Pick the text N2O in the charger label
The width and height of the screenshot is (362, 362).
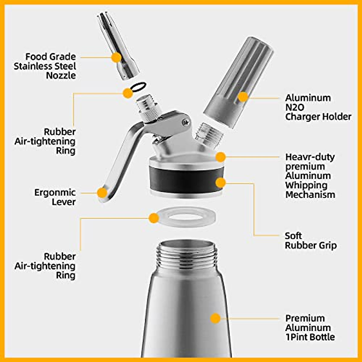click(295, 107)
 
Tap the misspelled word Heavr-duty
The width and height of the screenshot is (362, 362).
click(310, 157)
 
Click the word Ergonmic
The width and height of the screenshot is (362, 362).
click(55, 192)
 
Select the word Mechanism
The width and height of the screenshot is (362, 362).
click(310, 195)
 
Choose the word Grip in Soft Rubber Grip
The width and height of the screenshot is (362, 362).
click(327, 245)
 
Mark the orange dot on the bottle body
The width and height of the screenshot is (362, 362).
click(215, 318)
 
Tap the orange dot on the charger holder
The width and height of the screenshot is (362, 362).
click(243, 97)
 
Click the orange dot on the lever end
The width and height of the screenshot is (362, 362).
click(102, 192)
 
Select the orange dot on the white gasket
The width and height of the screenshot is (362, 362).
click(154, 218)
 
